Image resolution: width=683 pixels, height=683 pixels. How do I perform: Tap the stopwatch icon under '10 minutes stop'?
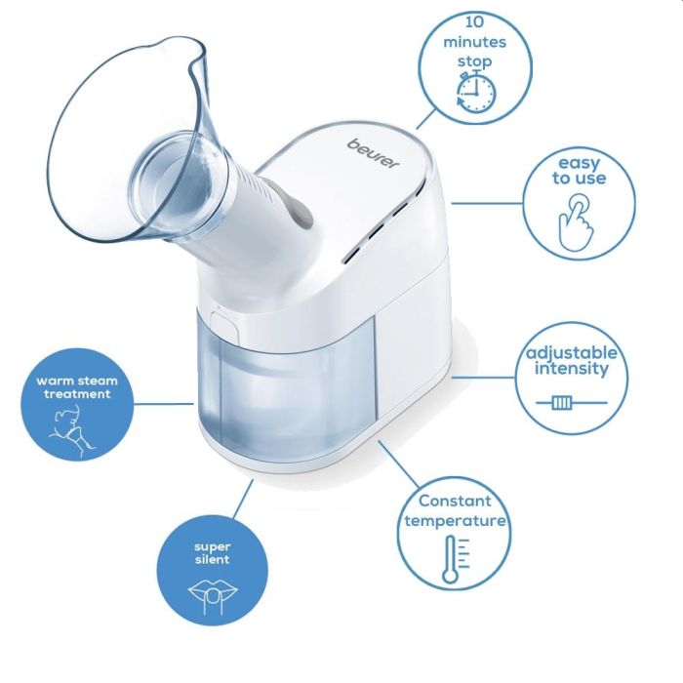point(476,92)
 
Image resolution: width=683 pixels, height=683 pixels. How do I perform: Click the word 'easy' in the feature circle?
point(579,162)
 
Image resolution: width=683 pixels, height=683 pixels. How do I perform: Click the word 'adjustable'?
point(572,351)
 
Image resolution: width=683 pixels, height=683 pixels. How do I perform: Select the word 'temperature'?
point(457,521)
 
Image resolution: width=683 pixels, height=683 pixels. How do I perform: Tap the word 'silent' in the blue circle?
point(212,560)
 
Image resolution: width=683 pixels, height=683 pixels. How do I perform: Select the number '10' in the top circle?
point(475,20)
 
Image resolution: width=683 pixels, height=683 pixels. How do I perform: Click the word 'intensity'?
point(572,369)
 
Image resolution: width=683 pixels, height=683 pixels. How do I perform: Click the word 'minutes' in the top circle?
point(475,42)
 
